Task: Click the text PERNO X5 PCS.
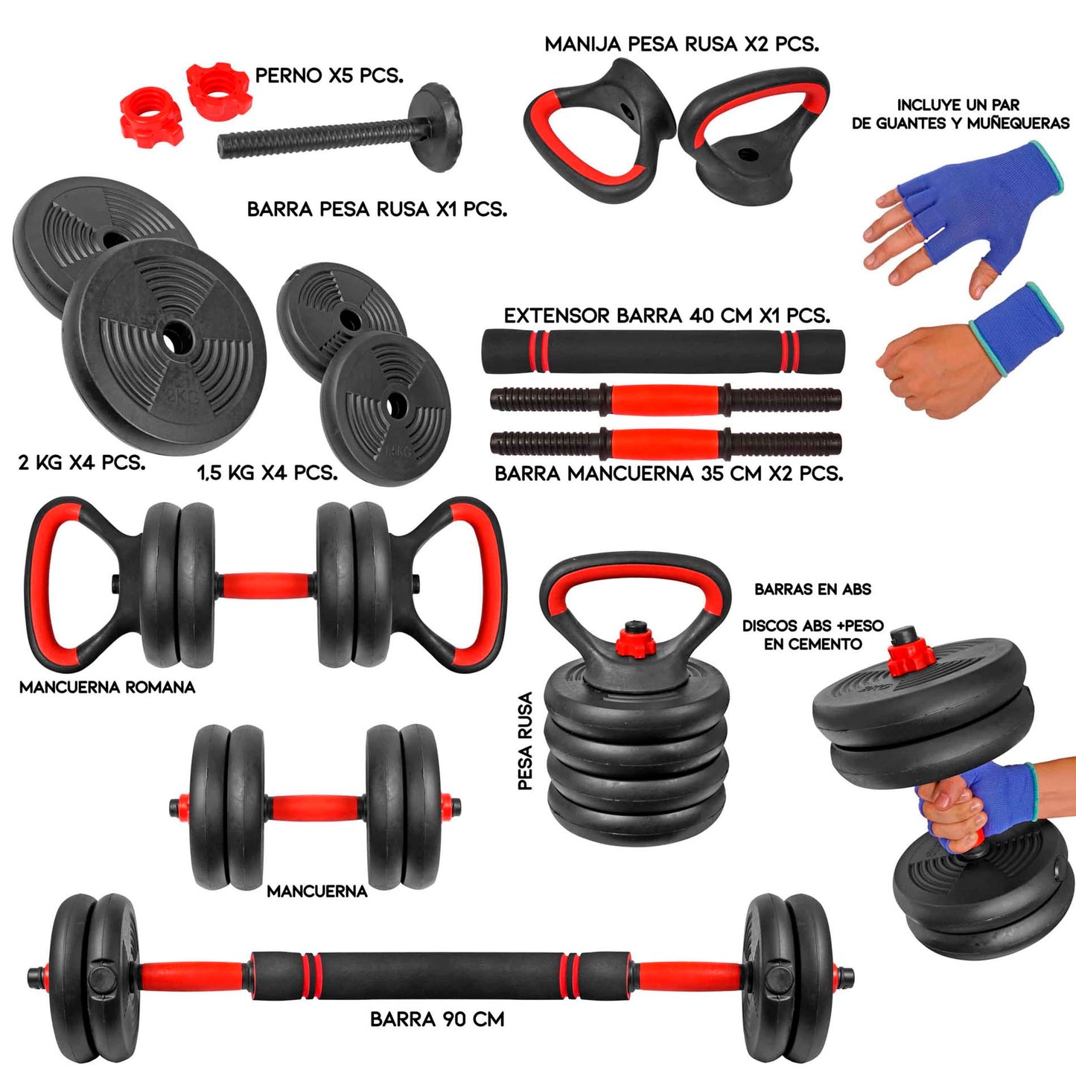click(x=329, y=75)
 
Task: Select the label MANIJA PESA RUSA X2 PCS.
click(x=682, y=44)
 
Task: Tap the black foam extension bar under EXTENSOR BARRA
click(x=663, y=351)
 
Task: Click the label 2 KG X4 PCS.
click(x=82, y=462)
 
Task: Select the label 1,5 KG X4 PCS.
click(x=267, y=473)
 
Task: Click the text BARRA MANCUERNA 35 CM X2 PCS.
click(x=669, y=474)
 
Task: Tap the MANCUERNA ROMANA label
click(x=107, y=687)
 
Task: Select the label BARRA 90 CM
click(x=437, y=1019)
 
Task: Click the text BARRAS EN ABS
click(x=812, y=589)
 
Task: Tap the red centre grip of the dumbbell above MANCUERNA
click(x=315, y=807)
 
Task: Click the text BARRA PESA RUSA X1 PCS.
click(x=378, y=209)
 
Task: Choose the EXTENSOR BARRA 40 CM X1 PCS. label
click(x=667, y=316)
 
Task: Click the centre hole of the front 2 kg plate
click(x=177, y=338)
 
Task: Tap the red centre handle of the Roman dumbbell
click(x=266, y=585)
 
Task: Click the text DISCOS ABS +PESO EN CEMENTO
click(x=813, y=635)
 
